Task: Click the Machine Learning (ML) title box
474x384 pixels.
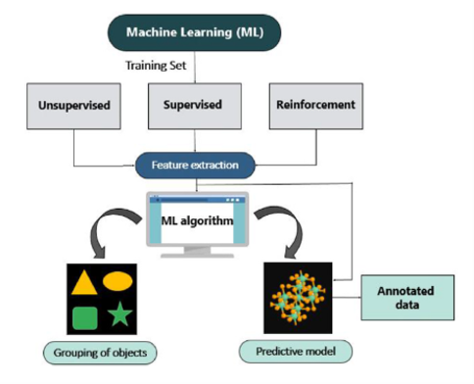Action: click(x=194, y=32)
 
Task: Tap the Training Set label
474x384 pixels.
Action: click(x=156, y=66)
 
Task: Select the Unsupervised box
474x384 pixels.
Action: click(x=73, y=106)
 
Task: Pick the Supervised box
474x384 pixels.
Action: click(x=195, y=106)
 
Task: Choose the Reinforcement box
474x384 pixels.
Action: click(x=316, y=106)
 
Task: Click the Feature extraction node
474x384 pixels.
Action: click(x=195, y=166)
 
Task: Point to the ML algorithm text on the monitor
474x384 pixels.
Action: click(x=197, y=220)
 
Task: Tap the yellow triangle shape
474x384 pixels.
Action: click(x=84, y=282)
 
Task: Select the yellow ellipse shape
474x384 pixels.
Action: click(x=118, y=281)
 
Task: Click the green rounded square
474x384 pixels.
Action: click(x=85, y=318)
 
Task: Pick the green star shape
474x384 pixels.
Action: click(x=119, y=314)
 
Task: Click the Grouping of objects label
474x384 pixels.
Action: click(x=100, y=353)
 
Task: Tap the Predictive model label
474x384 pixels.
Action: click(x=296, y=352)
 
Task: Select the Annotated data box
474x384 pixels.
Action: click(x=407, y=298)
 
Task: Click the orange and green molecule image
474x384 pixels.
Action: click(x=298, y=298)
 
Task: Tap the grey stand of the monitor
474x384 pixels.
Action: click(x=197, y=252)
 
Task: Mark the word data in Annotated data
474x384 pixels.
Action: click(x=407, y=305)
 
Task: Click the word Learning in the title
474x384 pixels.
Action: click(x=207, y=32)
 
